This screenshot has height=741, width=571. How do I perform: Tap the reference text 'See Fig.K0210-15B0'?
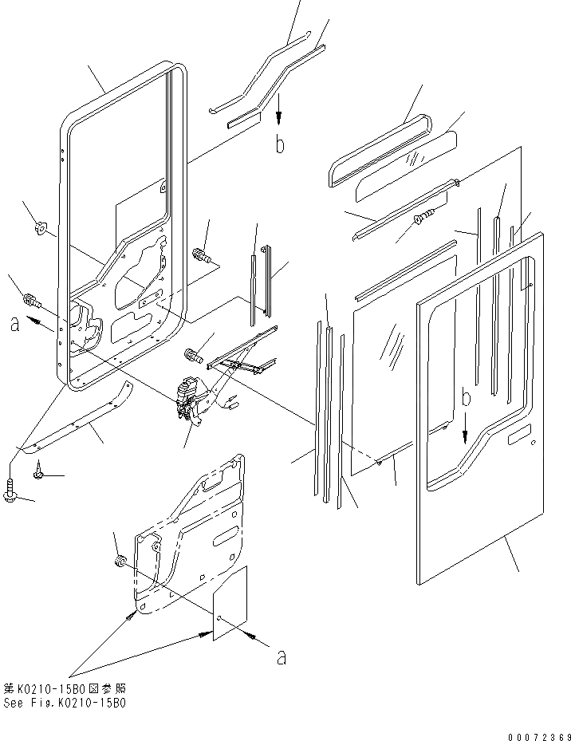64,704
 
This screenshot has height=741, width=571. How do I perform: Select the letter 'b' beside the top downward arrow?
279,145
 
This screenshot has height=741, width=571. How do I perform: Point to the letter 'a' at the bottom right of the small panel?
280,657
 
